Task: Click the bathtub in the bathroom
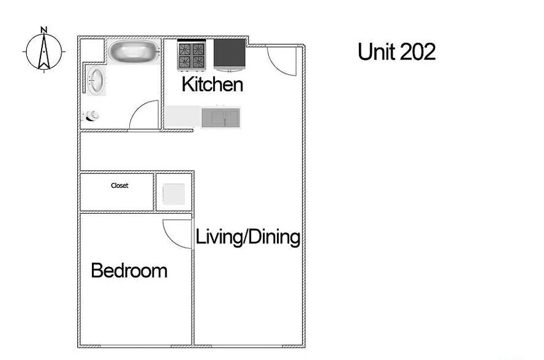pyautogui.click(x=134, y=51)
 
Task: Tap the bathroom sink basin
pyautogui.click(x=96, y=81)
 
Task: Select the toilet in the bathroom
pyautogui.click(x=93, y=115)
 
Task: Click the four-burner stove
pyautogui.click(x=191, y=55)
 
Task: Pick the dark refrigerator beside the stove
pyautogui.click(x=229, y=54)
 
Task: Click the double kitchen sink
pyautogui.click(x=221, y=117)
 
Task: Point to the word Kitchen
pyautogui.click(x=212, y=84)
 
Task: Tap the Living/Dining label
pyautogui.click(x=247, y=237)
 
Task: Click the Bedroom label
pyautogui.click(x=129, y=271)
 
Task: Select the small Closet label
pyautogui.click(x=119, y=186)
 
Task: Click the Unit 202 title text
pyautogui.click(x=396, y=52)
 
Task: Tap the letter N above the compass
pyautogui.click(x=43, y=29)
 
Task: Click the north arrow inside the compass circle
pyautogui.click(x=43, y=53)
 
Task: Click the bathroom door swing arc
pyautogui.click(x=145, y=115)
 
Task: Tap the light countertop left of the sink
pyautogui.click(x=183, y=116)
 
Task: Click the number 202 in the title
pyautogui.click(x=418, y=52)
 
